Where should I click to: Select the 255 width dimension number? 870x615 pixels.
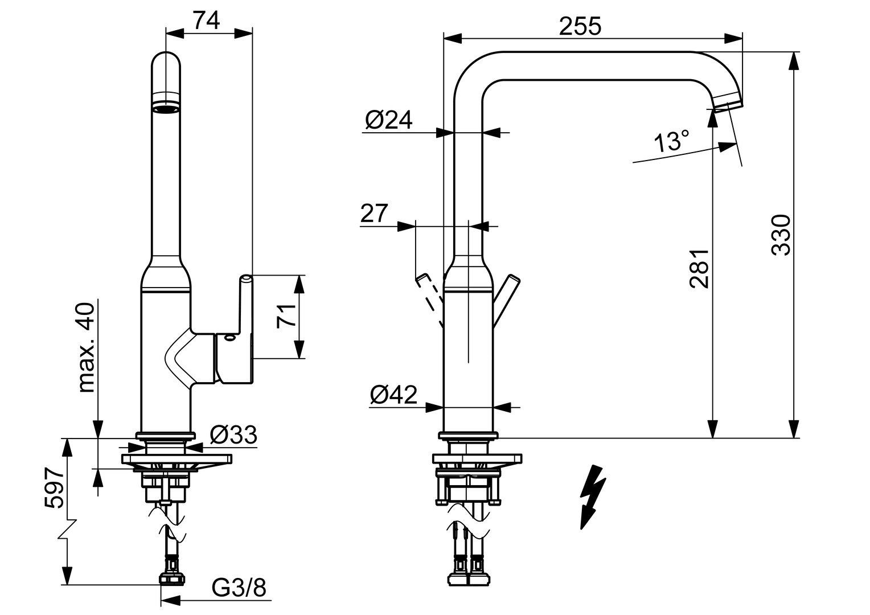580,25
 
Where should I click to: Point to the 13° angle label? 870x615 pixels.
671,141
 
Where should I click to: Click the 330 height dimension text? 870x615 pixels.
781,235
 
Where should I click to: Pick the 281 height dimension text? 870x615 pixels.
699,268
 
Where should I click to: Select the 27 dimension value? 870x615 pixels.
374,213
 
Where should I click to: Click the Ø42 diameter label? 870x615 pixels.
393,394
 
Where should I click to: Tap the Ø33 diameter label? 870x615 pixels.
233,435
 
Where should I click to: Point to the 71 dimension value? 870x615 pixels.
287,315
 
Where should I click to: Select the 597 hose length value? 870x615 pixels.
53,489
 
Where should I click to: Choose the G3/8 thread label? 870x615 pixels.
239,588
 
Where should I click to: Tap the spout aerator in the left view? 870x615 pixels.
166,108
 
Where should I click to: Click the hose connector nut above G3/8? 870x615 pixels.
171,579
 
